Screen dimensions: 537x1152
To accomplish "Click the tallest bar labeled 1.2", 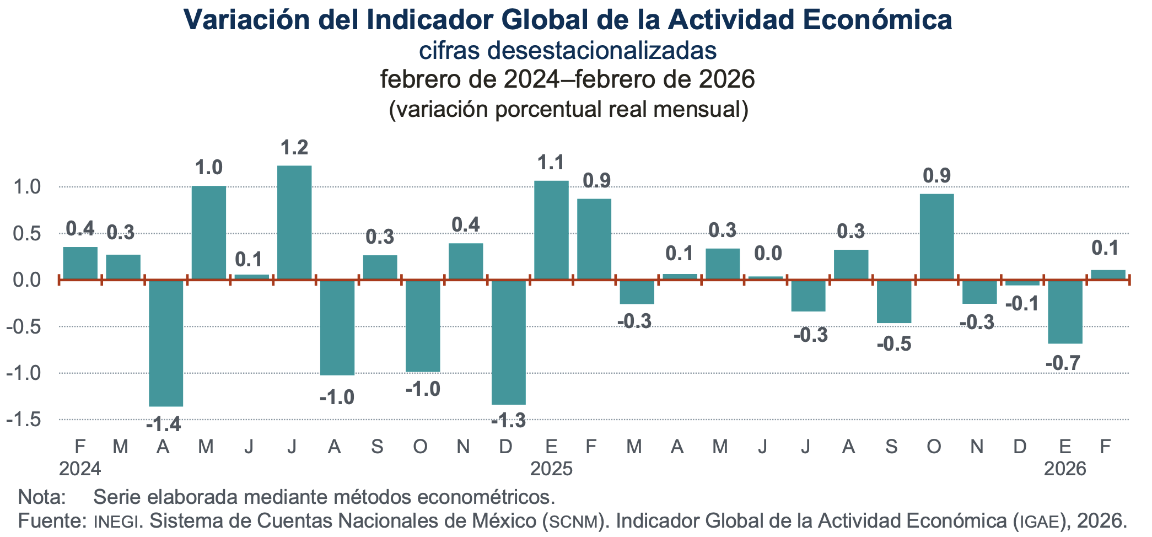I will [x=294, y=223].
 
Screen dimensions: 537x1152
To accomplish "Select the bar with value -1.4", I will [x=166, y=343].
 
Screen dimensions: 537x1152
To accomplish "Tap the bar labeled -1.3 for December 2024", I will [x=509, y=342].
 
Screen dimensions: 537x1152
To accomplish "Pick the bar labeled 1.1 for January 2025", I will [x=551, y=230].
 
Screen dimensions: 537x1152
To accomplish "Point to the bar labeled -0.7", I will [x=1065, y=312].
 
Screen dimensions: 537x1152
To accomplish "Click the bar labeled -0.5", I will [x=894, y=301].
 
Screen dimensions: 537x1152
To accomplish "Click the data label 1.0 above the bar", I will [x=209, y=167].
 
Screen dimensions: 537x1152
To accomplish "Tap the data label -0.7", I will [x=1063, y=363].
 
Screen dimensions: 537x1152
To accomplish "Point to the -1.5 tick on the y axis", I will [x=24, y=420].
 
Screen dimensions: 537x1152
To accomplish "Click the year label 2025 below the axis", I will [x=551, y=469].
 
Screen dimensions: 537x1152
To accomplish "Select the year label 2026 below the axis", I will [x=1065, y=469].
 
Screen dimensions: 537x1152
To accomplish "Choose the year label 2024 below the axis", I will [x=80, y=469].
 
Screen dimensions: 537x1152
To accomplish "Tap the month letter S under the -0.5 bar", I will [x=891, y=446].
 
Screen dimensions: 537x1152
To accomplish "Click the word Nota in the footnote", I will [x=42, y=497].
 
